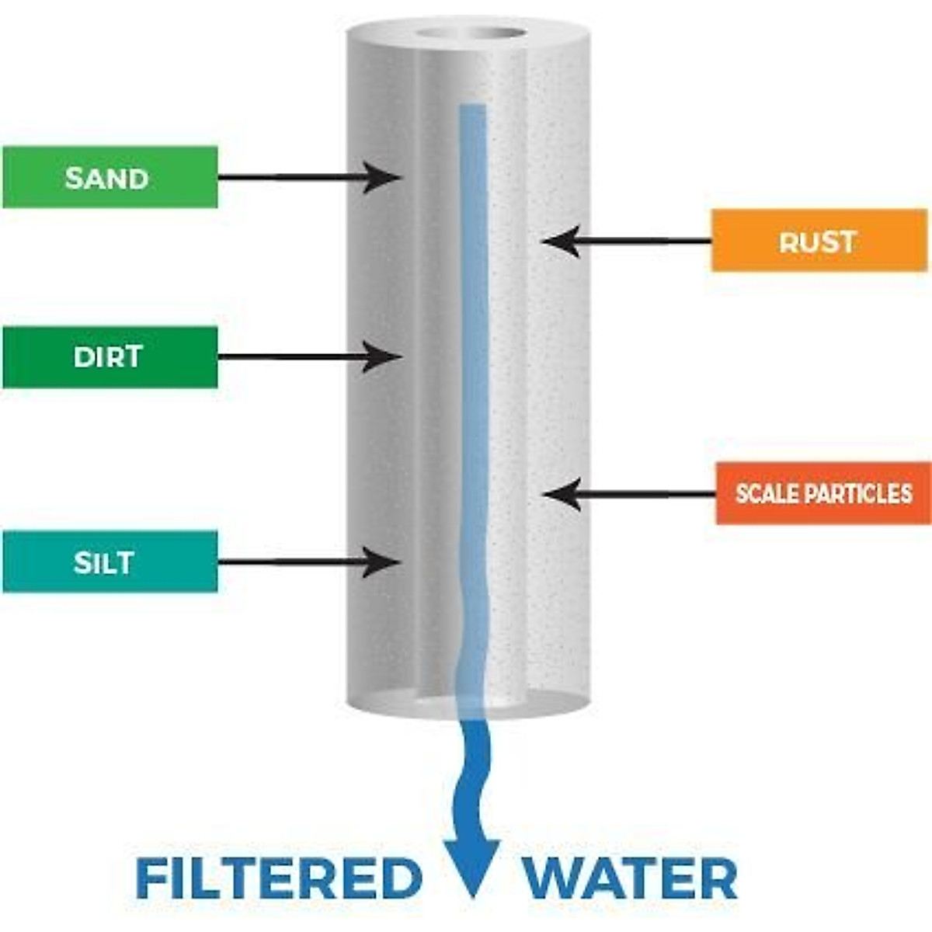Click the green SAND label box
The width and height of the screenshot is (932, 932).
[x=110, y=177]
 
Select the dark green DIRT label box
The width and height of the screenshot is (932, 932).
[x=110, y=357]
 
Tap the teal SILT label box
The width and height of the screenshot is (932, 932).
[x=110, y=562]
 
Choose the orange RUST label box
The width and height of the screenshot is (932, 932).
[x=819, y=241]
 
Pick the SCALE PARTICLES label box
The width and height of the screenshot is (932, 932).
[x=823, y=493]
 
